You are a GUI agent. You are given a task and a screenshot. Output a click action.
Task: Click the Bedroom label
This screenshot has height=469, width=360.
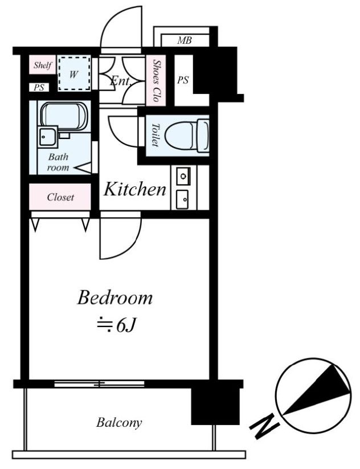pos(115,298)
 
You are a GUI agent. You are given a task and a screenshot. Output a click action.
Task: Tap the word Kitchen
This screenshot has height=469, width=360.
pos(134,189)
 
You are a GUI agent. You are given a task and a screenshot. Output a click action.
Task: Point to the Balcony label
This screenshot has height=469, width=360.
pos(119,423)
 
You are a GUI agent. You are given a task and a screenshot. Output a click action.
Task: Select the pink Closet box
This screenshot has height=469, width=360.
pos(60,197)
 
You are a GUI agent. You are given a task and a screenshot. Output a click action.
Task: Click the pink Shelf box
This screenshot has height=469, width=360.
pos(43,64)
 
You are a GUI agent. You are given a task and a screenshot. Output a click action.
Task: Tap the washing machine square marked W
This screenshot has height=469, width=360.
pos(74,74)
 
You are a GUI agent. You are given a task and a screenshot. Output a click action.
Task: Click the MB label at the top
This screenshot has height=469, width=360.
pos(184,40)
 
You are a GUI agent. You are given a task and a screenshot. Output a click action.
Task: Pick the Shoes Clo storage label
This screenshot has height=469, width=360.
pos(156,80)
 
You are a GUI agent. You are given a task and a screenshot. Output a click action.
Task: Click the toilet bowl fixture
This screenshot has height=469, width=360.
pos(187,136)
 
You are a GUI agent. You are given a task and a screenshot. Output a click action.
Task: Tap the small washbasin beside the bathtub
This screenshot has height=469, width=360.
pos(47,136)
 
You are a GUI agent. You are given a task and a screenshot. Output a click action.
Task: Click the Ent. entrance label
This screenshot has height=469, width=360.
pos(121,80)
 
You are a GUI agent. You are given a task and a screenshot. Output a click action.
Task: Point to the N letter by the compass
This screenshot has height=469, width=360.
pos(264,426)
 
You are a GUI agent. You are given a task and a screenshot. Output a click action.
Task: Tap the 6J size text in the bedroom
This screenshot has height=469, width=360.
pos(117,325)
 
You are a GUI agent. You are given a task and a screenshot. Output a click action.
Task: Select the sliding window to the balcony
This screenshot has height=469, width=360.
pos(99,384)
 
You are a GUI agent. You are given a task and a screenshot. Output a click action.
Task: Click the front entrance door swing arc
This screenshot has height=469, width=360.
pos(121,27)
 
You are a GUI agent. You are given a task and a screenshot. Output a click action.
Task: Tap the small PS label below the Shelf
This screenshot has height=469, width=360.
pos(39,87)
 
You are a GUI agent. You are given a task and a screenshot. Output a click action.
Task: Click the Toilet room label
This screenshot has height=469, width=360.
pos(155,135)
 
